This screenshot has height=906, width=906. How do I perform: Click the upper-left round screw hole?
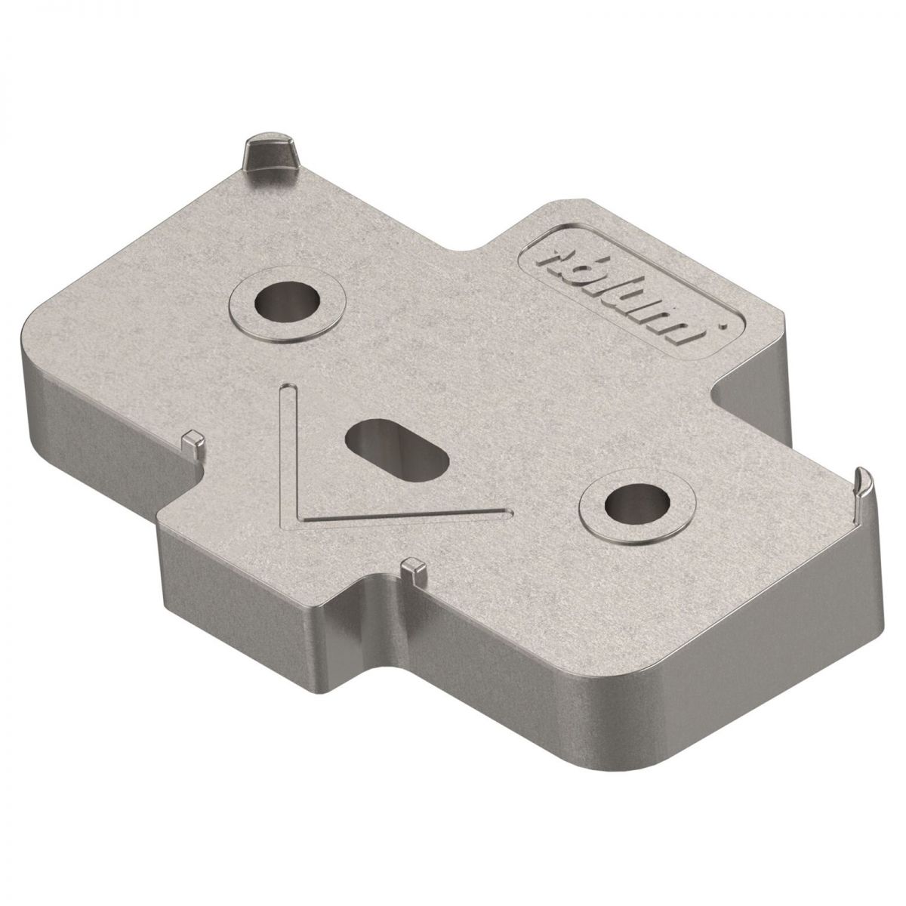point(287,301)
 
